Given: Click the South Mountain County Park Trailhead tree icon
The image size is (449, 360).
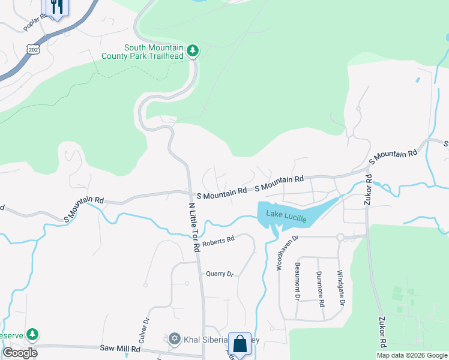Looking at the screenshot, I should pos(193,50).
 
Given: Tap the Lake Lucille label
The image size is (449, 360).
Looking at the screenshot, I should pos(287,217).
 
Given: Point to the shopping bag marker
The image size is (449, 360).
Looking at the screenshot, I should pos(240,344).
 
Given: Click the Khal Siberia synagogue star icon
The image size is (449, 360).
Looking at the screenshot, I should pos(175,340).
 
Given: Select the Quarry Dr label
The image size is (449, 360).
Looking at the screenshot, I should pos(219,274).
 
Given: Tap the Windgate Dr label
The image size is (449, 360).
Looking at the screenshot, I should pos(340,288).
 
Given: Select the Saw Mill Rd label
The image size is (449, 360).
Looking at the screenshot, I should pos(120,348).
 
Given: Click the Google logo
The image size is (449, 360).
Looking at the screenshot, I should pos(19,352).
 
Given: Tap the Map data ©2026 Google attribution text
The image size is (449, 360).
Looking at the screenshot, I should pos(412,355).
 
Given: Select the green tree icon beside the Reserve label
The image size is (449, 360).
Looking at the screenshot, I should pos(34,334).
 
